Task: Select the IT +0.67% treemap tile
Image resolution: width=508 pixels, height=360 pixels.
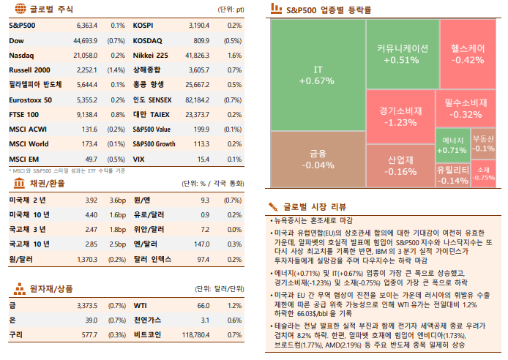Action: click(317, 75)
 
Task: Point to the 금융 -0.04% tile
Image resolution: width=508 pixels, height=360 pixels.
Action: click(317, 159)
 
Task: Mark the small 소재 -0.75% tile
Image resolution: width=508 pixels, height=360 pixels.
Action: click(483, 173)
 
